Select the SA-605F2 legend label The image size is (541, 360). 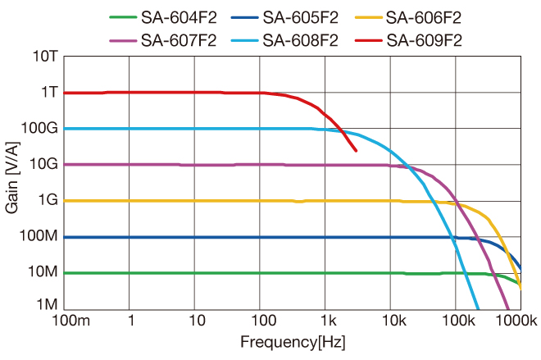302,16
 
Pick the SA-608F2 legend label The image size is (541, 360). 302,39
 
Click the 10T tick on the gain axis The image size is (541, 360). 44,57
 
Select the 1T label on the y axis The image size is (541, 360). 48,93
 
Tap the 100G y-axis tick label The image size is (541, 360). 40,129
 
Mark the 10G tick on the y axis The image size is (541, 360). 44,164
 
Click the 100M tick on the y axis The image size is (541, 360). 40,236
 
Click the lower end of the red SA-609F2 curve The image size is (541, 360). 355,150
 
